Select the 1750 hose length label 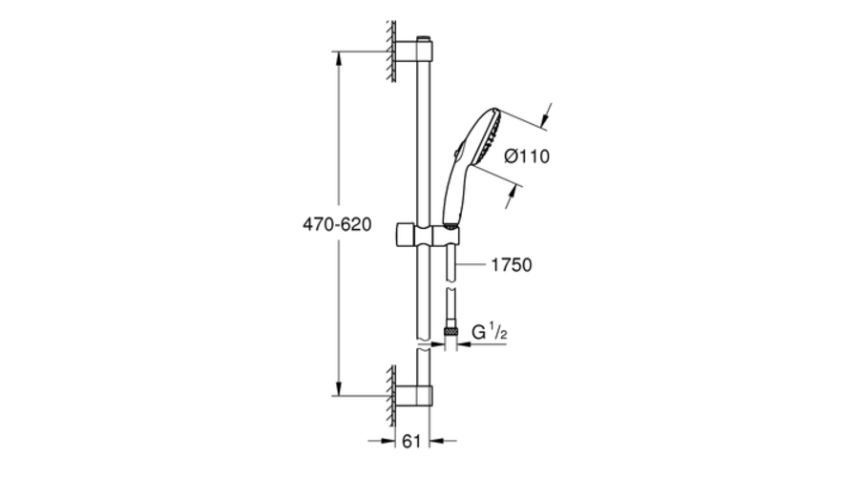tap(512, 264)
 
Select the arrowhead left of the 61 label tap(388, 441)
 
